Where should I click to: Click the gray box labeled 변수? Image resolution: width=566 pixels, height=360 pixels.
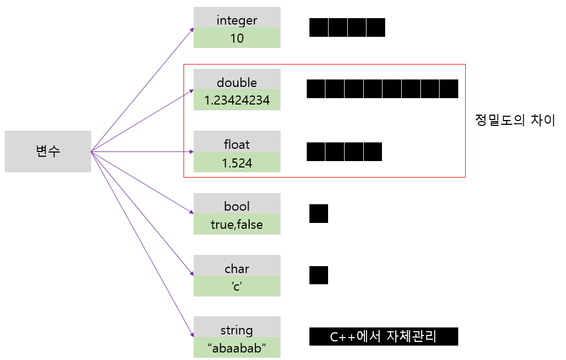[x=48, y=151]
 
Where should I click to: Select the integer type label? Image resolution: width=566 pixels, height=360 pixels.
[x=237, y=21]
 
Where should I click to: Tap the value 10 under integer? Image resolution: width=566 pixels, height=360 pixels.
[x=237, y=38]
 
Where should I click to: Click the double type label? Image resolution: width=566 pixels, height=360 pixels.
[x=237, y=83]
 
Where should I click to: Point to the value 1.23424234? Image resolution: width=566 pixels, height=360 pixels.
[x=237, y=100]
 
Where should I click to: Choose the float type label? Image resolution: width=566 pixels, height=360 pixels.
[x=237, y=145]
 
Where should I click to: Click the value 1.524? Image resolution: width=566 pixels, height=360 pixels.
[x=237, y=163]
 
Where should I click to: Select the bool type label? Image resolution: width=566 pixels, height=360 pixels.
[x=237, y=206]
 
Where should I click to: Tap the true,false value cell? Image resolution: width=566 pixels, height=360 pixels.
[x=237, y=225]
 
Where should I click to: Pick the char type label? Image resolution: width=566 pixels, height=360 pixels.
[x=237, y=269]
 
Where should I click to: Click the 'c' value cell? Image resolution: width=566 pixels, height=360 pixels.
[x=237, y=286]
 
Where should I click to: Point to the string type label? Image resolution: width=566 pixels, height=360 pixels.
[x=237, y=330]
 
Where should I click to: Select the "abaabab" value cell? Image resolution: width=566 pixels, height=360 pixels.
[x=237, y=348]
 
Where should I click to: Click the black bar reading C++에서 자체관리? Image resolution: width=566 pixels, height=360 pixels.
[x=384, y=337]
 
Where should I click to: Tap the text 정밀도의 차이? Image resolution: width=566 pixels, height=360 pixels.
[x=515, y=121]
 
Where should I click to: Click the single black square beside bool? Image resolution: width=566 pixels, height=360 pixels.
[x=318, y=213]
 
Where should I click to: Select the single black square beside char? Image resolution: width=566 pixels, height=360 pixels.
[x=318, y=275]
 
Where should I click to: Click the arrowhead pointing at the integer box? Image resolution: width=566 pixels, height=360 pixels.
[x=192, y=30]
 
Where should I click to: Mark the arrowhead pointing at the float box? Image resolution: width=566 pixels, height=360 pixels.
[x=190, y=152]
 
